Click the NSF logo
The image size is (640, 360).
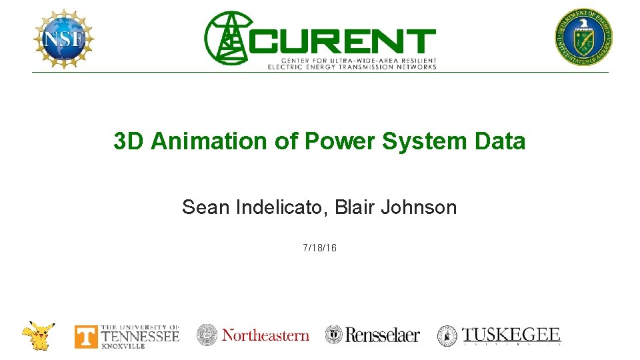(63, 39)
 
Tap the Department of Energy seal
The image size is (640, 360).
(584, 37)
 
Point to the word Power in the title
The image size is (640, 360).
(333, 141)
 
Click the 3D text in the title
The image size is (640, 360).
(129, 141)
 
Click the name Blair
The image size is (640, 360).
(355, 207)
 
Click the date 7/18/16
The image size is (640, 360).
(319, 248)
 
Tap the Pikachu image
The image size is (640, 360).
(38, 335)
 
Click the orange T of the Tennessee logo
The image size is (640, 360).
(85, 337)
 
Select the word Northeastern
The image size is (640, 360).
(265, 335)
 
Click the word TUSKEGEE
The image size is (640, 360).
(512, 334)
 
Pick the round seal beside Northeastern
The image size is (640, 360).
(207, 335)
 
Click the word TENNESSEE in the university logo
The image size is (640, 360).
(140, 335)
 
